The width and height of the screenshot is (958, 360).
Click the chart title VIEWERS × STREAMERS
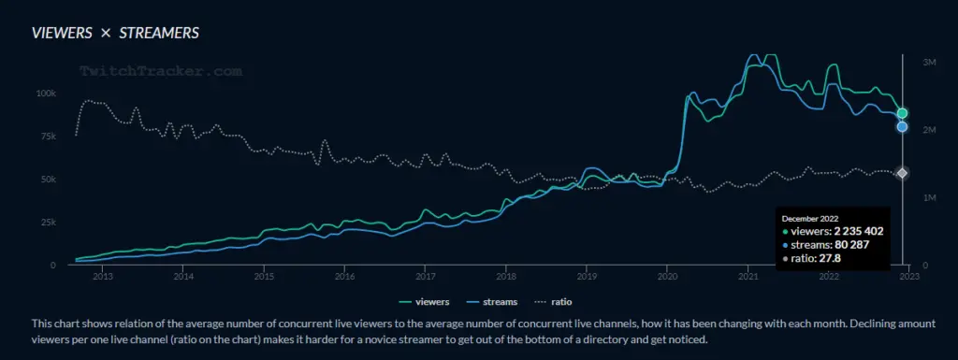tap(115, 34)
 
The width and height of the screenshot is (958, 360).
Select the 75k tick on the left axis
tap(47, 137)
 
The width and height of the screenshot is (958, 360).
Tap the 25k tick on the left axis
tap(47, 223)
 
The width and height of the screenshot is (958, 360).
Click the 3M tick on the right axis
tap(929, 62)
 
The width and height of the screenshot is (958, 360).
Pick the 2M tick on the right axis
tap(929, 130)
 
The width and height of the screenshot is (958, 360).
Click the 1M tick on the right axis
tap(929, 198)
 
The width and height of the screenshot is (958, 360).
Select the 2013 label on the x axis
tap(103, 277)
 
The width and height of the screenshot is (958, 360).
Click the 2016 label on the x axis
tap(344, 277)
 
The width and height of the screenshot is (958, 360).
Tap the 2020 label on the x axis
tap(667, 277)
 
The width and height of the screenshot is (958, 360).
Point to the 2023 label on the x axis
tap(908, 277)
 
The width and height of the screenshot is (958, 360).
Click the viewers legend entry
tap(426, 302)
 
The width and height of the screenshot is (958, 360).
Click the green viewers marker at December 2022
tap(902, 113)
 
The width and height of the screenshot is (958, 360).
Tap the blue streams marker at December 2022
tap(902, 127)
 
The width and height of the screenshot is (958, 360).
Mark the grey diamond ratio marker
tap(902, 173)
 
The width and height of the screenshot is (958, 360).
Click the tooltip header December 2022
tap(809, 218)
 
